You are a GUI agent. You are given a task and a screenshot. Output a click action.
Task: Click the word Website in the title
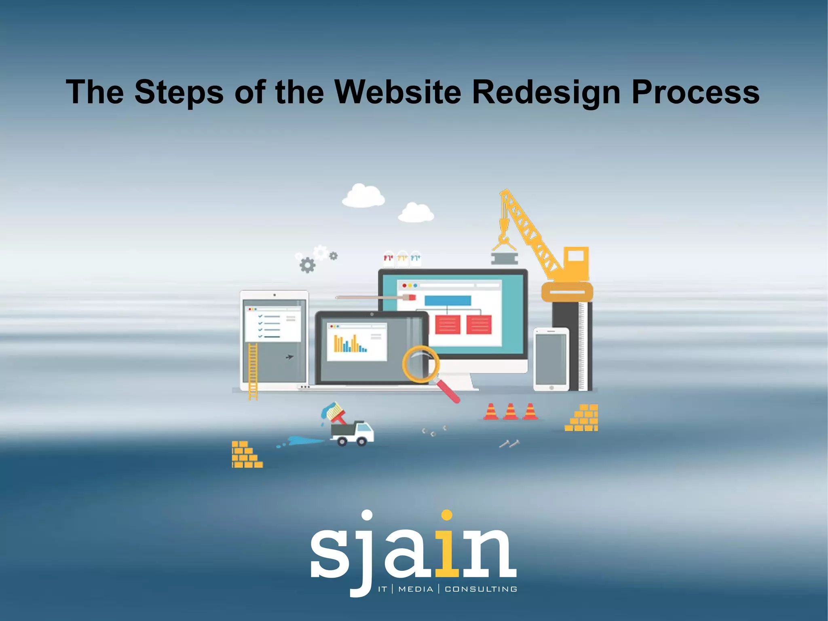(x=398, y=92)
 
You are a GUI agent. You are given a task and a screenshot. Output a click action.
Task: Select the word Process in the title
(x=695, y=92)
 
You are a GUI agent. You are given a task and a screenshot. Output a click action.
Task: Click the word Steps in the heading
(x=179, y=93)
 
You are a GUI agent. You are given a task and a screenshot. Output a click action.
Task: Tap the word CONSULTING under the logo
(x=481, y=589)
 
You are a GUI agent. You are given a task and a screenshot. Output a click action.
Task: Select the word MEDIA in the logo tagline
(x=416, y=589)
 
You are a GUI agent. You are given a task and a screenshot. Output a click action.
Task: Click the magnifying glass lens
(x=420, y=364)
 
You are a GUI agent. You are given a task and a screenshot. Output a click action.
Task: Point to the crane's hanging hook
(x=504, y=239)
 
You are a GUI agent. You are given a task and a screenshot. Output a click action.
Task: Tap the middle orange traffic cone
(x=510, y=411)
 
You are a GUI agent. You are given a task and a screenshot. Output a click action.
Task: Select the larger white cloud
(x=363, y=196)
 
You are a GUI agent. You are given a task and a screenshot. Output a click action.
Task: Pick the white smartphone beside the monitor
(x=551, y=359)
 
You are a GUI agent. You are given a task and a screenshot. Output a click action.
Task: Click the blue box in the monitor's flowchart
(x=448, y=301)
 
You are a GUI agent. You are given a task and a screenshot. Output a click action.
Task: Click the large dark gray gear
(x=307, y=265)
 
